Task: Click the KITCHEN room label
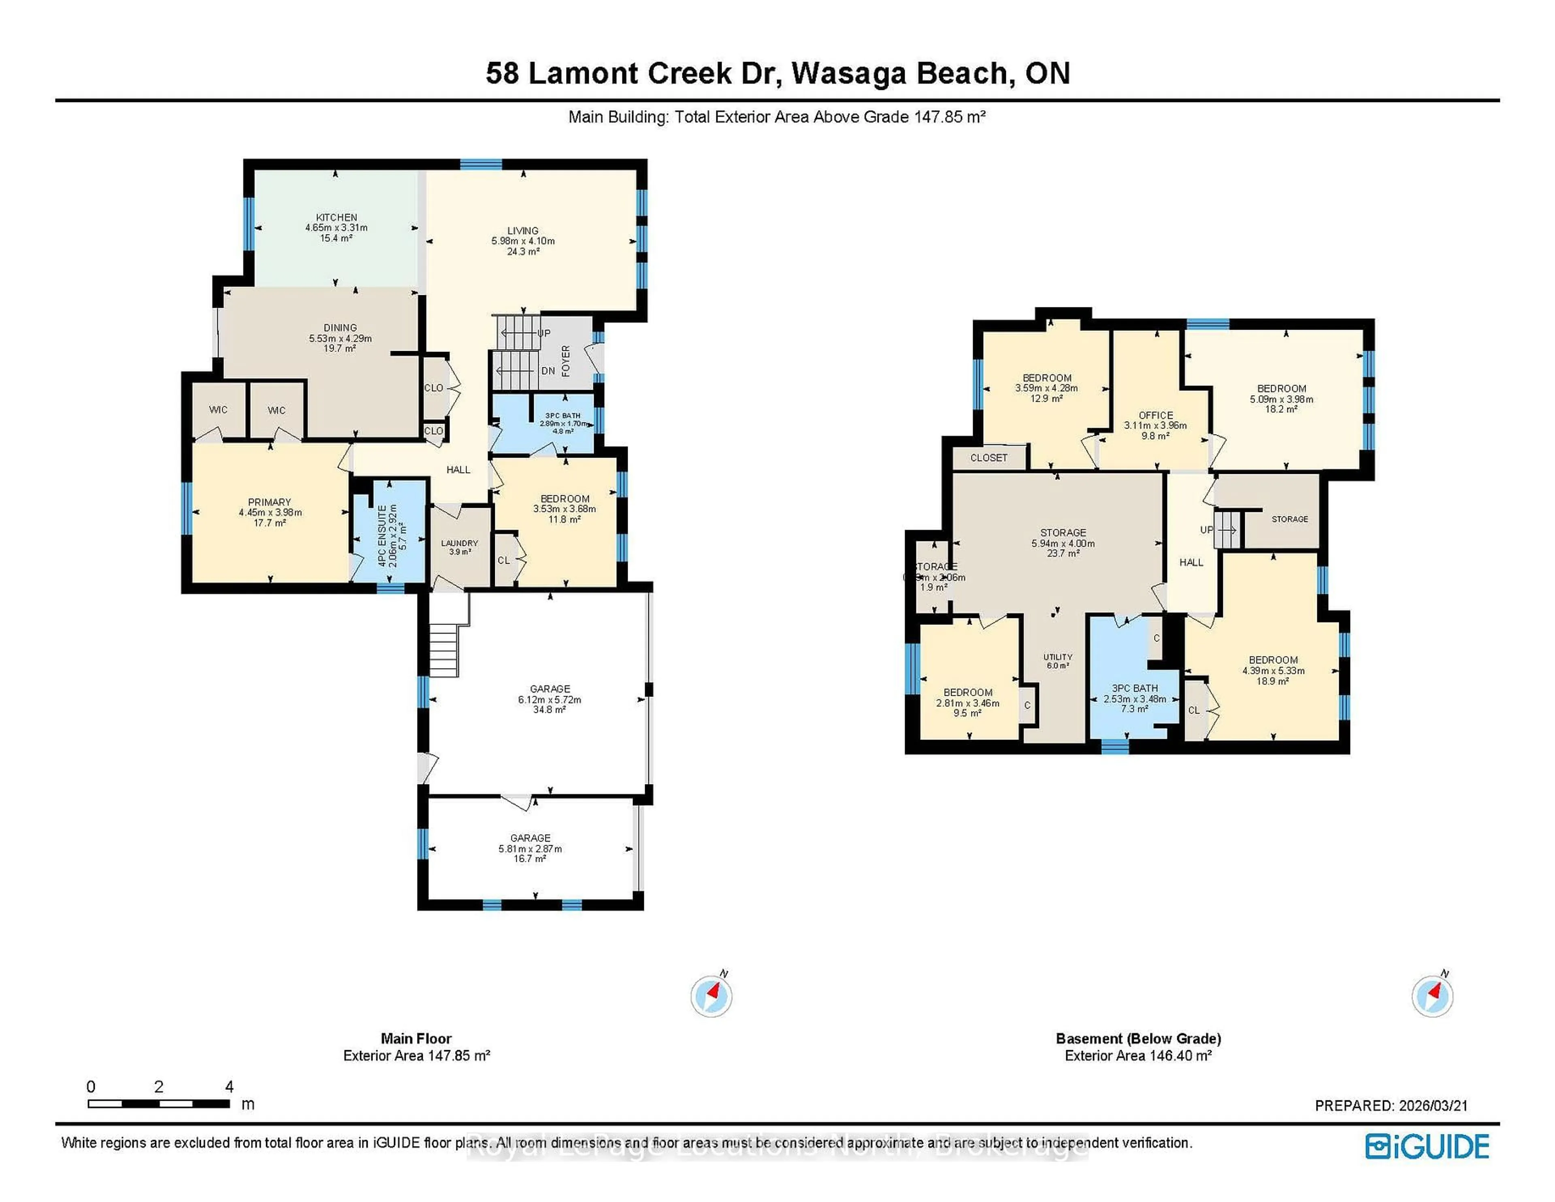point(336,217)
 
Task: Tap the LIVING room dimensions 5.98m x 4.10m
point(523,241)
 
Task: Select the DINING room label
point(340,328)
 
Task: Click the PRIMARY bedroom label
point(269,502)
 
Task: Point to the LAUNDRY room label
point(459,543)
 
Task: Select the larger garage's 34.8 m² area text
point(549,710)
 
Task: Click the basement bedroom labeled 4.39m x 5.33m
point(1273,670)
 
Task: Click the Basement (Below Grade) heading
point(1138,1038)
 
